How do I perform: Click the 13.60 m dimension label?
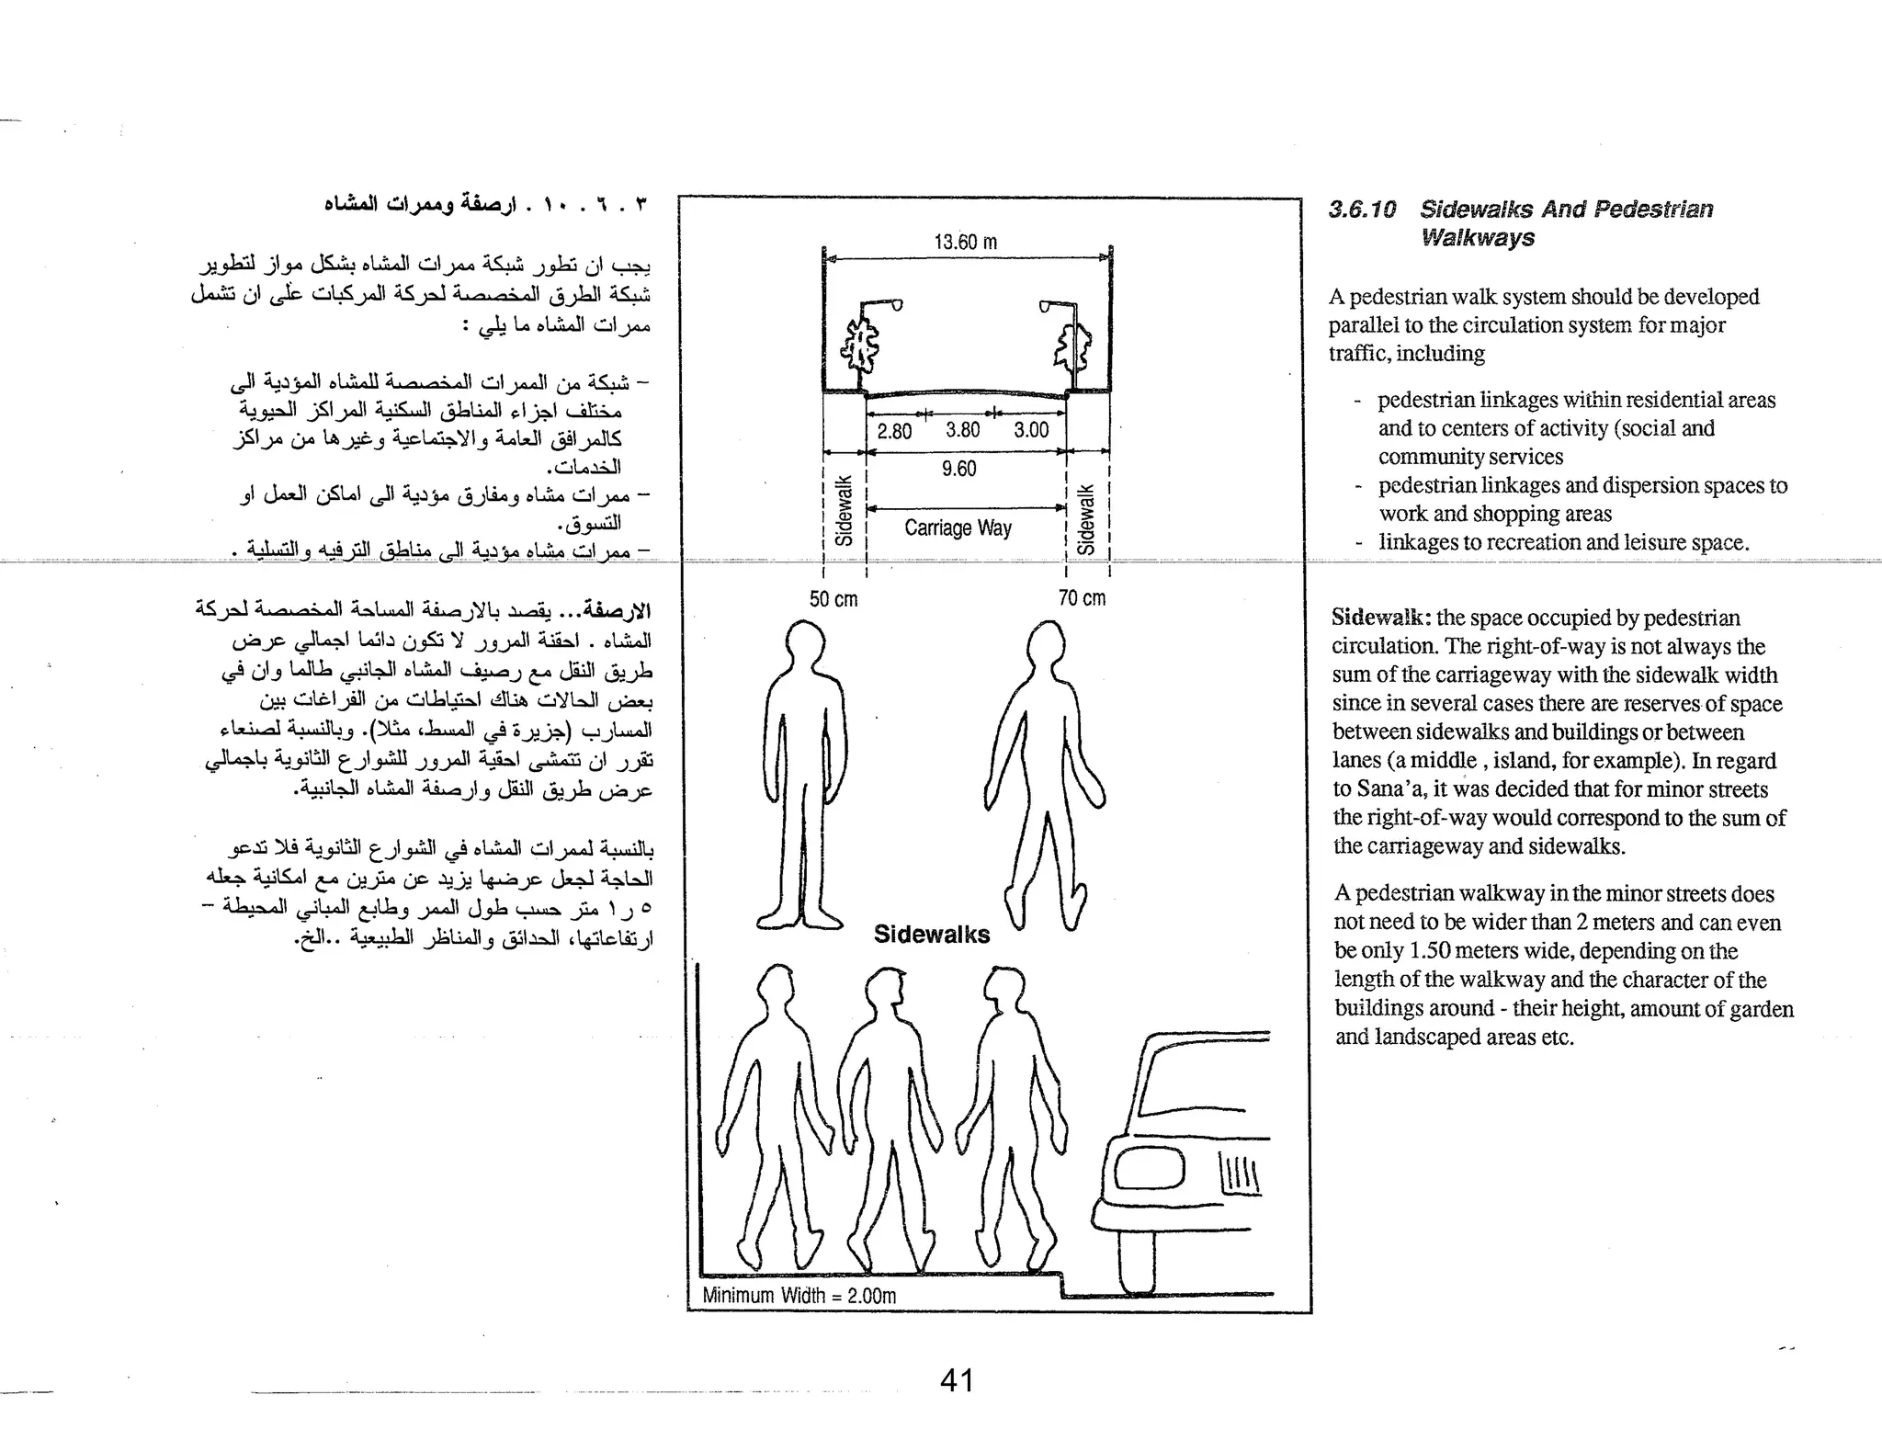point(965,243)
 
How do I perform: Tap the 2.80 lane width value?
point(894,431)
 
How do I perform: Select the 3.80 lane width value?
point(962,430)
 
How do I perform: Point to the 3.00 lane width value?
point(1031,430)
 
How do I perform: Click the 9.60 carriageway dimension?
point(958,469)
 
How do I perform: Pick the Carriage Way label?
point(958,528)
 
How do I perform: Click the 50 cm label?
point(833,599)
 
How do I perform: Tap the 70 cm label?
point(1082,598)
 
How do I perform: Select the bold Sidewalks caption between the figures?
point(932,935)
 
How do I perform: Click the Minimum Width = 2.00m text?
point(799,1296)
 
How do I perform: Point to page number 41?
point(957,1380)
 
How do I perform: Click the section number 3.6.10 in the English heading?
point(1362,210)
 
